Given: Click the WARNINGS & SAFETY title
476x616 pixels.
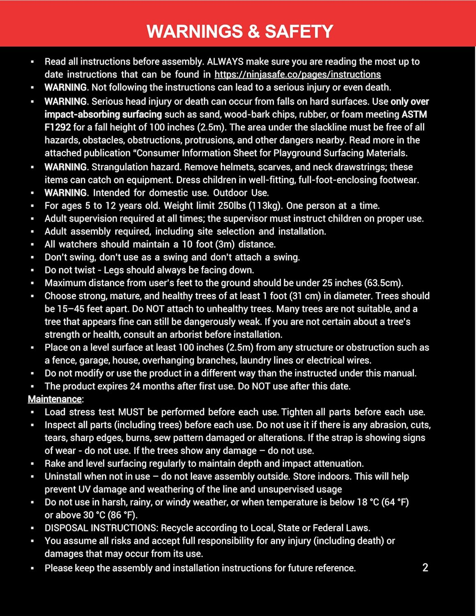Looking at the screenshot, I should [x=240, y=32].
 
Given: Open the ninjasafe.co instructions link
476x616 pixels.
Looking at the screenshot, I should [x=297, y=74].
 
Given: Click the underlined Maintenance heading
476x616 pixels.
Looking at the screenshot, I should [x=55, y=399].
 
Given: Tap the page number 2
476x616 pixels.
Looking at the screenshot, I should [x=425, y=568].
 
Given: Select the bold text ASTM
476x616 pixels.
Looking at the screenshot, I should [x=414, y=114].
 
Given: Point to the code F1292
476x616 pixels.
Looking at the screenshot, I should [x=57, y=127].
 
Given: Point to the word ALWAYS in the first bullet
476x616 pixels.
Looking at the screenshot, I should [x=226, y=62].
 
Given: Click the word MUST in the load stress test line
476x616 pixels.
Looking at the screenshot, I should [x=131, y=412].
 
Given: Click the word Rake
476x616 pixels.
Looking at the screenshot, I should [x=55, y=464].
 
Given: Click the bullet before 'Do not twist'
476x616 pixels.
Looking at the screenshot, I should [x=32, y=270].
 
